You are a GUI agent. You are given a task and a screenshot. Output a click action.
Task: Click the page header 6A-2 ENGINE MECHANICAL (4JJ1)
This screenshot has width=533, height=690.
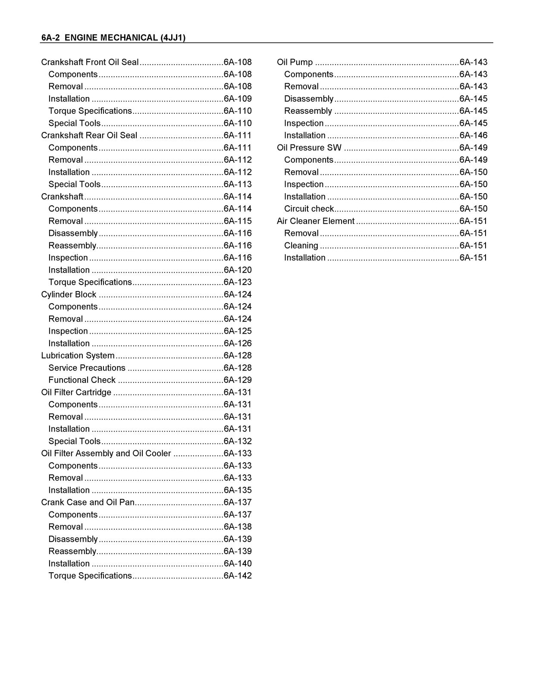pos(113,38)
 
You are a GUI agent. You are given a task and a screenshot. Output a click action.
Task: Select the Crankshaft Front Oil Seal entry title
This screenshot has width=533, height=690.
pos(90,62)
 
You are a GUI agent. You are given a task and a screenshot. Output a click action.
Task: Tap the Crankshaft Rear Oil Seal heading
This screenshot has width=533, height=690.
pos(89,135)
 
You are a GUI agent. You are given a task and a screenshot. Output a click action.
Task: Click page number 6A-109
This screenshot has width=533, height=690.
pos(238,99)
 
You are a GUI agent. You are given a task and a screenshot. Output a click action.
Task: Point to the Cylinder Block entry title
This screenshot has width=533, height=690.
pos(69,295)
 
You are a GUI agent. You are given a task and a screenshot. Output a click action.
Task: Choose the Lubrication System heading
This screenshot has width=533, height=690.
pos(78,356)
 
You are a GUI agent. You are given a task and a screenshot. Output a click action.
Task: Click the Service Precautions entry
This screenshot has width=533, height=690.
pos(87,368)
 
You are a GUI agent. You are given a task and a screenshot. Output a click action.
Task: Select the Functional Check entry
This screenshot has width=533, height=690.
pos(82,380)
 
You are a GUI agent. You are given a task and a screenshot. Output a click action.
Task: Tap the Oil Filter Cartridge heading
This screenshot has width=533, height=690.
pos(76,392)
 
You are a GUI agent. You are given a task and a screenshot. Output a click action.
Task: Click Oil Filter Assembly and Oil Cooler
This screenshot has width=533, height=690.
pos(106,453)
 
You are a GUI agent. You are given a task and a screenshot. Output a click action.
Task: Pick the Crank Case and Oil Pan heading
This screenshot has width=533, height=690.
pos(88,502)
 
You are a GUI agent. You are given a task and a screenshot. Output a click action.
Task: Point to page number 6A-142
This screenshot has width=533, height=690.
pos(238,576)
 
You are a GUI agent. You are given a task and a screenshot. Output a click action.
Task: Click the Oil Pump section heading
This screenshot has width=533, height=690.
pos(295,62)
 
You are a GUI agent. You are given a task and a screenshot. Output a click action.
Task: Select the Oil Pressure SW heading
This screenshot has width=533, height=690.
pos(309,147)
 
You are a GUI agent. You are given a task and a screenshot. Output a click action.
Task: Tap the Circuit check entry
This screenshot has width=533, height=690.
pos(309,209)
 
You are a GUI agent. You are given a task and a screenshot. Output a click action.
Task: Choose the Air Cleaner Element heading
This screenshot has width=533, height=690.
pos(316,221)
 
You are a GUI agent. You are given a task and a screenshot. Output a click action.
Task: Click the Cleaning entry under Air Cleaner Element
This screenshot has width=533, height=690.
pos(301,245)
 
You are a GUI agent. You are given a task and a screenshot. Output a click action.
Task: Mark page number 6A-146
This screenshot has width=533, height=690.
pos(473,135)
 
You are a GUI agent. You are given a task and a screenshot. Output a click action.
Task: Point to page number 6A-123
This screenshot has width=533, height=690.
pos(238,282)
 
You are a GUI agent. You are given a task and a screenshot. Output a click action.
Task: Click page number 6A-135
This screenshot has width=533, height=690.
pos(238,490)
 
